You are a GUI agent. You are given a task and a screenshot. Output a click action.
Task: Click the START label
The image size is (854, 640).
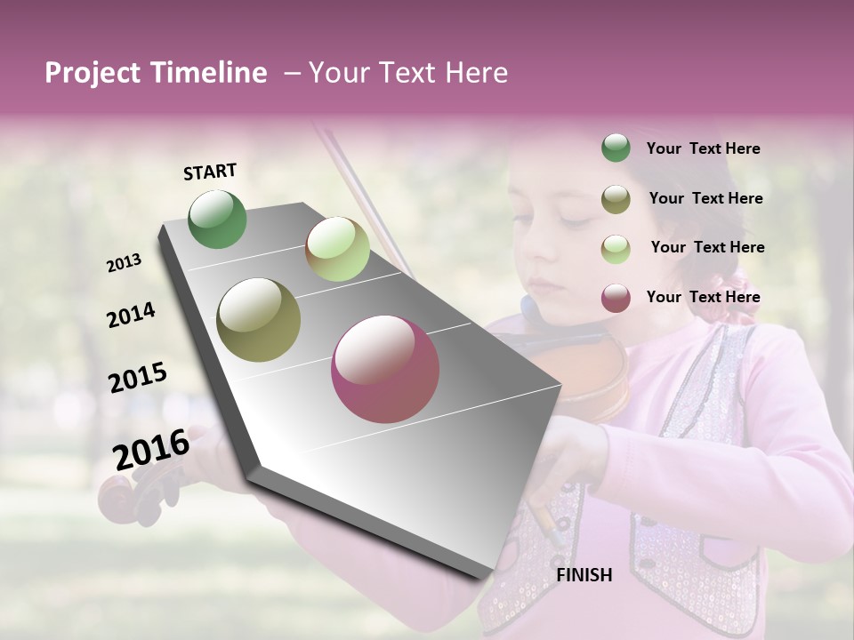click(210, 172)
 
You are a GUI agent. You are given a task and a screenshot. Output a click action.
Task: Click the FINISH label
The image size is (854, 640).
click(584, 575)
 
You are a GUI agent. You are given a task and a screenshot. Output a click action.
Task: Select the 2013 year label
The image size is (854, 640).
click(124, 263)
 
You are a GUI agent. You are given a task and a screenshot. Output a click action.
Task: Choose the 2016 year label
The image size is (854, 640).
click(150, 449)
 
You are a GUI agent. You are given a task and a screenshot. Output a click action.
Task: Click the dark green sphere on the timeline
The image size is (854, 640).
click(218, 219)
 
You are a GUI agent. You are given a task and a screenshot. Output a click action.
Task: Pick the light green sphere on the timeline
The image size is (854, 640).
click(337, 249)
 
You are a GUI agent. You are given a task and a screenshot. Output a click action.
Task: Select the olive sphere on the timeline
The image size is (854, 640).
click(259, 319)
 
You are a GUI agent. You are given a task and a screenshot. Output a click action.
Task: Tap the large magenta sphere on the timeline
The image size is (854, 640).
click(385, 369)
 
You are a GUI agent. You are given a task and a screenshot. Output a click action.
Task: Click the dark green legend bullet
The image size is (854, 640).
click(616, 148)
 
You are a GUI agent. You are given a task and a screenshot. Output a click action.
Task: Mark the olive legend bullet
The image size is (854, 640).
click(616, 199)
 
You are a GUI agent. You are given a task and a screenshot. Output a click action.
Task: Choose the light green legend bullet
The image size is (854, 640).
click(616, 248)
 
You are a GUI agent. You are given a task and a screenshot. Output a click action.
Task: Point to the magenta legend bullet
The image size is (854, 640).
click(616, 298)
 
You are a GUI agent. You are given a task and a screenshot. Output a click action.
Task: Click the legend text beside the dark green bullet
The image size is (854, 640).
click(703, 149)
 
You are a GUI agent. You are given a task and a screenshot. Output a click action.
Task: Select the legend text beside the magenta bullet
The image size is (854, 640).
click(703, 297)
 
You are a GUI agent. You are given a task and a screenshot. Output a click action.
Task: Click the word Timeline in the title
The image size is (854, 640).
click(208, 74)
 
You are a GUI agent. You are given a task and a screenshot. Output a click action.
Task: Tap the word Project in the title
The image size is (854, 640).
click(93, 74)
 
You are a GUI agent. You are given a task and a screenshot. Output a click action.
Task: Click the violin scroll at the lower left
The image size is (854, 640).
click(128, 499)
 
